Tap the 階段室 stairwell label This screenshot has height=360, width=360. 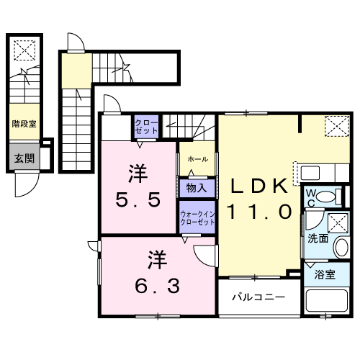24,123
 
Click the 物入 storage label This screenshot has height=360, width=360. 195,187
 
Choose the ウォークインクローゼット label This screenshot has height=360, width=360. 197,218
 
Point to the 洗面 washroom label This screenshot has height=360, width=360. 318,237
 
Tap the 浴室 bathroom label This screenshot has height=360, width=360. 325,274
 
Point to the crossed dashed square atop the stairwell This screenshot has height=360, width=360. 24,50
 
